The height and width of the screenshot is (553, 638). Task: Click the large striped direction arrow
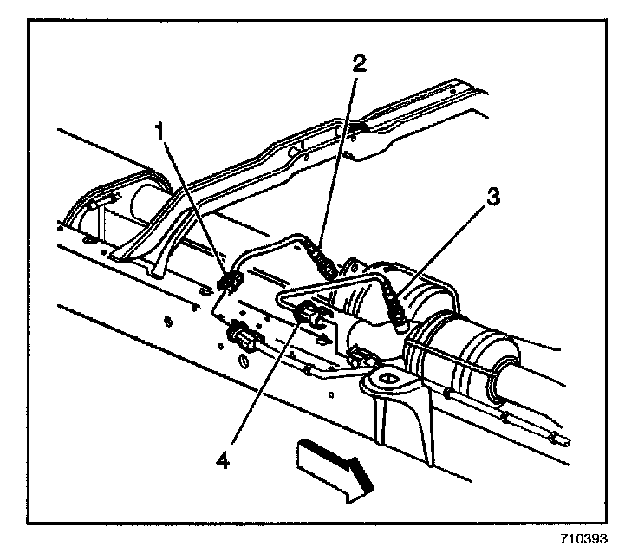tap(334, 467)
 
